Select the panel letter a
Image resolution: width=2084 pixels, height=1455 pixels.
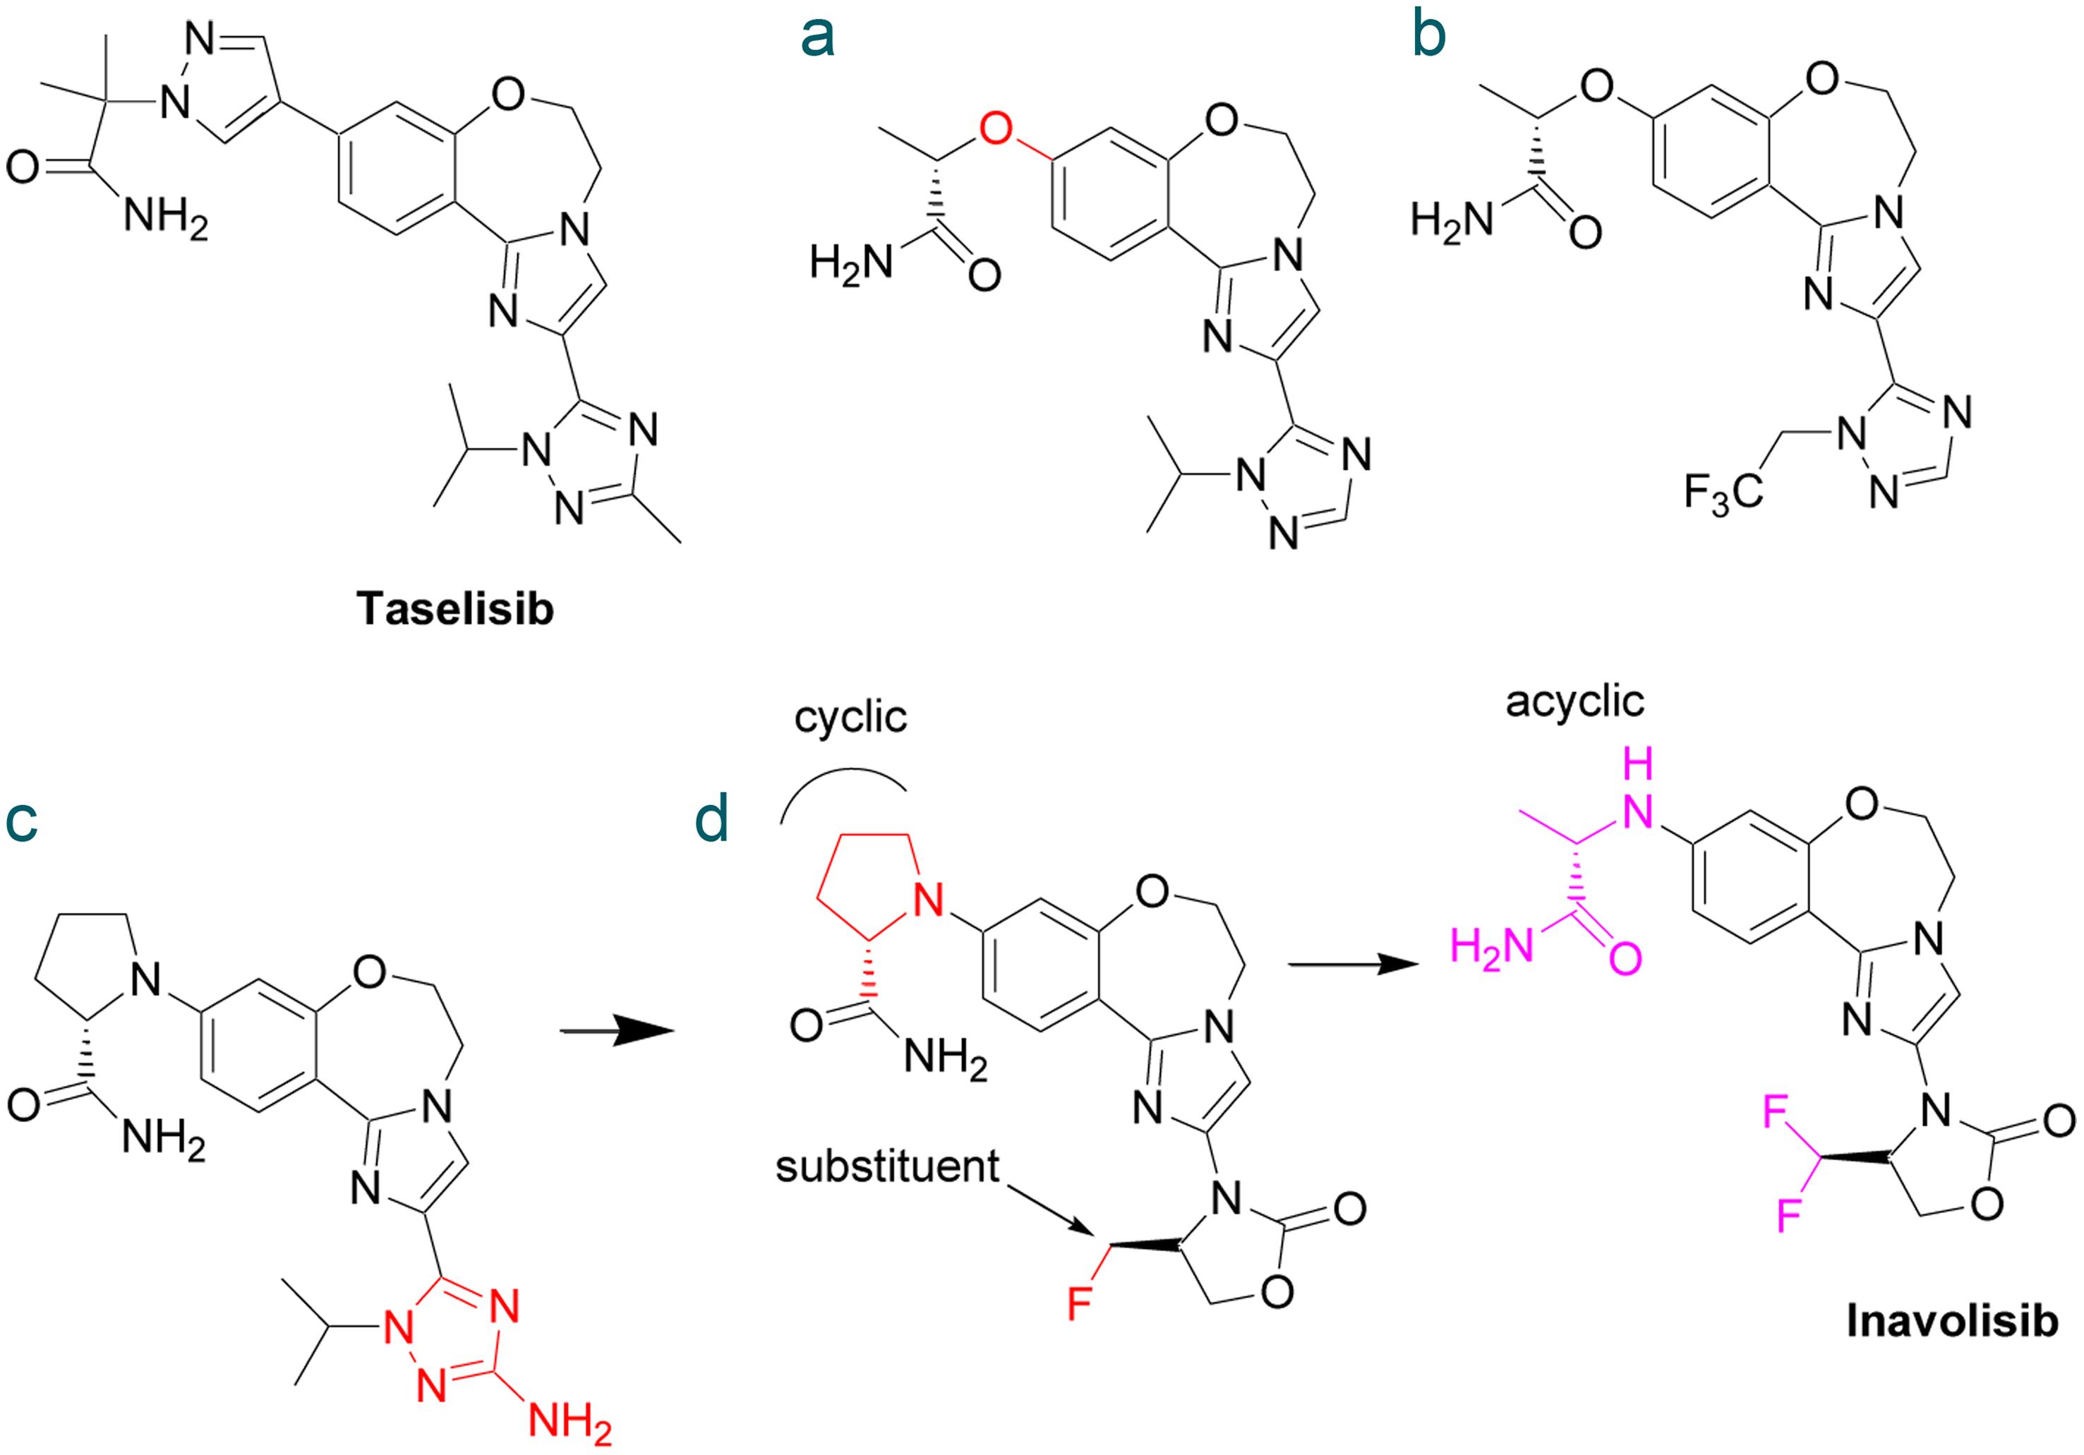(817, 38)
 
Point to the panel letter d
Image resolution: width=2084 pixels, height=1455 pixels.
(711, 822)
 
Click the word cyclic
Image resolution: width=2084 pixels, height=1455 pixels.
(850, 718)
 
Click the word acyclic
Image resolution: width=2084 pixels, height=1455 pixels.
(1574, 701)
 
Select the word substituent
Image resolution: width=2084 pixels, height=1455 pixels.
(887, 1167)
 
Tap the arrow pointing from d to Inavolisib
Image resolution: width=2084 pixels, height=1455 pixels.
(1352, 966)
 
